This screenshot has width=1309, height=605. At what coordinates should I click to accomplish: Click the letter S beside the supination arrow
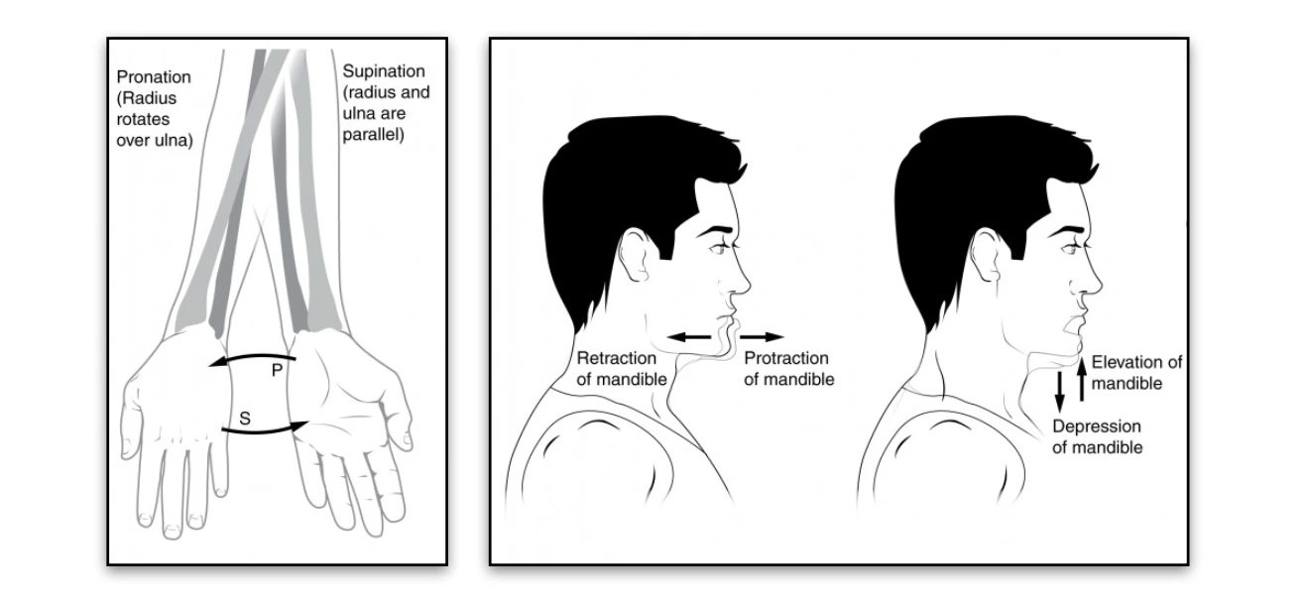click(245, 419)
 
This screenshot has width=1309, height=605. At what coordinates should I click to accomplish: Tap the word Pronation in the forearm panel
click(154, 76)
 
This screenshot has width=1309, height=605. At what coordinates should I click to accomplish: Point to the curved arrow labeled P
click(252, 358)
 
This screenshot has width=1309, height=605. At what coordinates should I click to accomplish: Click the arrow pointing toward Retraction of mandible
click(689, 338)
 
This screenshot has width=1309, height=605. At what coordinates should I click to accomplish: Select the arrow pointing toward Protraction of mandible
click(762, 337)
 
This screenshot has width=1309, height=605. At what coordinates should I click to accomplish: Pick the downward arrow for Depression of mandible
click(1059, 390)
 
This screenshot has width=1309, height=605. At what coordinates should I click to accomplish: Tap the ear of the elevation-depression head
click(988, 257)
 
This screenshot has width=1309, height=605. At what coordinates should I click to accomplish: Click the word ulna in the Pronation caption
click(176, 140)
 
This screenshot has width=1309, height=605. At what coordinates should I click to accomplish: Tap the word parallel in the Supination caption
click(372, 133)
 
